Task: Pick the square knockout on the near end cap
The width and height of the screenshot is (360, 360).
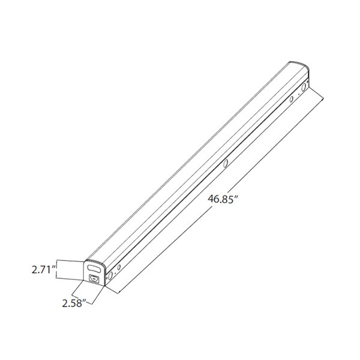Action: [x=93, y=278]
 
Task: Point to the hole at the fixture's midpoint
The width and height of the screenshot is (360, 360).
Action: [x=226, y=164]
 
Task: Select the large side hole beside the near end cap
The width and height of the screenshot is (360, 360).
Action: [x=109, y=277]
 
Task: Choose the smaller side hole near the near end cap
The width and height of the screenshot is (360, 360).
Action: [x=119, y=267]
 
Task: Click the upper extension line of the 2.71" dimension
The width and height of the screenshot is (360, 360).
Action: [x=70, y=260]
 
